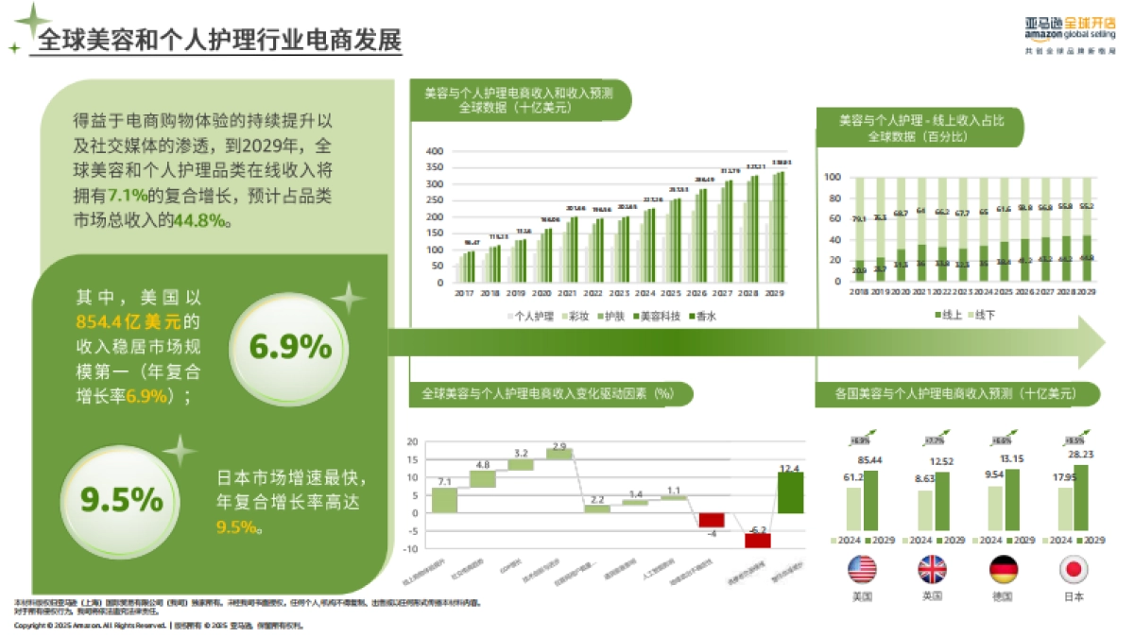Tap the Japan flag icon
click(1074, 568)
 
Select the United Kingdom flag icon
click(932, 568)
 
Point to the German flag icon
click(1003, 568)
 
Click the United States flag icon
click(862, 568)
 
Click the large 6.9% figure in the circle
click(289, 347)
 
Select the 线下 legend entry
click(984, 313)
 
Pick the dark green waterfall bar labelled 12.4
click(791, 492)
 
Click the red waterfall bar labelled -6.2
click(757, 540)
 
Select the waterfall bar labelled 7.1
click(444, 500)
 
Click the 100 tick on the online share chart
click(833, 177)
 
